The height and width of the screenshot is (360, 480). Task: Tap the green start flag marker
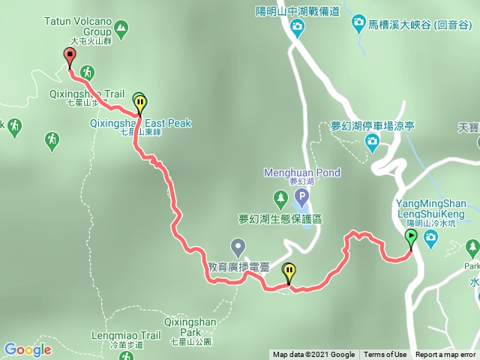(411, 238)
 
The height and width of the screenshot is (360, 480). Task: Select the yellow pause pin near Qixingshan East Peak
(140, 103)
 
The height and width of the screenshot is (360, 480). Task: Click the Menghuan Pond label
(302, 172)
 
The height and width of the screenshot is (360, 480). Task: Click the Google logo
(28, 349)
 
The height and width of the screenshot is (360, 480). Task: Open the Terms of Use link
(385, 355)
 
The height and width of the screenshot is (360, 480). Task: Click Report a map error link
(445, 355)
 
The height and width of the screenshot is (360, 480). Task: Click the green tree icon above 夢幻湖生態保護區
(280, 199)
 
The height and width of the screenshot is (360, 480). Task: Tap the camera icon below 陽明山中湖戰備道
(298, 28)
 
